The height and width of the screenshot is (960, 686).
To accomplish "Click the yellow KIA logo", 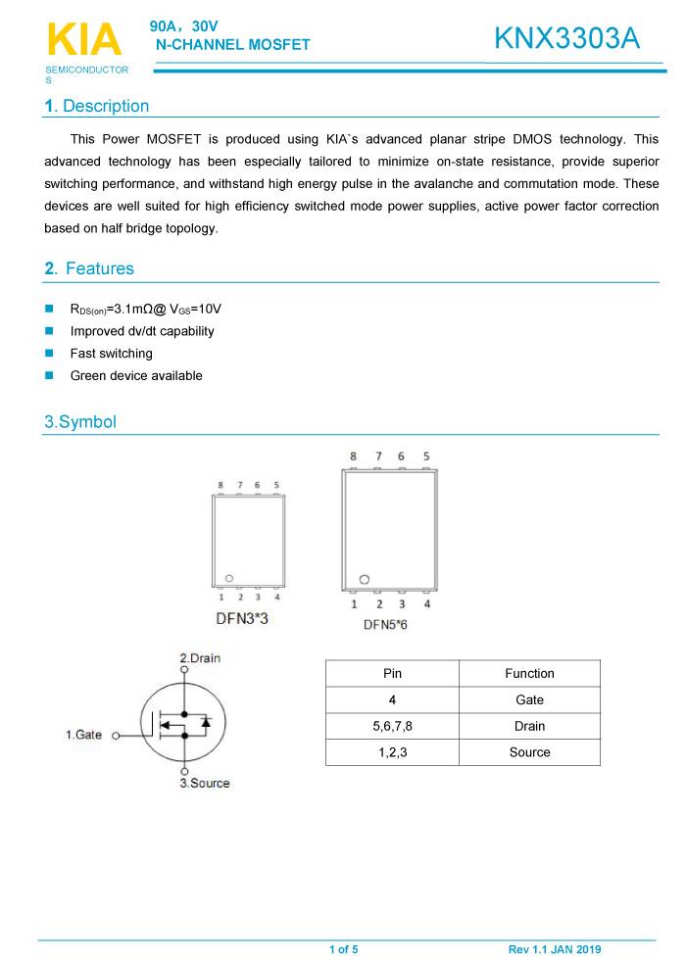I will tap(84, 40).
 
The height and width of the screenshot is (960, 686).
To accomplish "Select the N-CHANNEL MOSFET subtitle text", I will tap(233, 44).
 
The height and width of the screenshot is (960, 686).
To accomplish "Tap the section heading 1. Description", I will tap(97, 106).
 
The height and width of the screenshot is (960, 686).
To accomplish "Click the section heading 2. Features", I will tap(89, 268).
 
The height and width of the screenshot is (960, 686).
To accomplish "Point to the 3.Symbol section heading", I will tap(80, 422).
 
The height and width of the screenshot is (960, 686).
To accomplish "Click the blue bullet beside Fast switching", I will tap(50, 354).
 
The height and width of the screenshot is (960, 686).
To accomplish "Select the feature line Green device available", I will tap(136, 376).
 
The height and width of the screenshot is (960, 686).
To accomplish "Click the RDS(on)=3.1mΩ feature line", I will tap(146, 309).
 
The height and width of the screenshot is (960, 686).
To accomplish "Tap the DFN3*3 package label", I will tap(241, 619).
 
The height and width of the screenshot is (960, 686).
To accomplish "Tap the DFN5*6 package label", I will tap(385, 625).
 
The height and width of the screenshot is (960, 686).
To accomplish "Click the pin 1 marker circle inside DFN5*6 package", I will tap(364, 579).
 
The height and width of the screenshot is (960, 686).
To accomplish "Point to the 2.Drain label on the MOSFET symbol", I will tap(200, 657).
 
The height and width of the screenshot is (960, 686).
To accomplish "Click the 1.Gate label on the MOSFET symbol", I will tap(83, 735).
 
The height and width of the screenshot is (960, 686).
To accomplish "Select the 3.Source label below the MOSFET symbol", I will tap(204, 783).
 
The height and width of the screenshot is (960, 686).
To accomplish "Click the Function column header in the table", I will tap(529, 673).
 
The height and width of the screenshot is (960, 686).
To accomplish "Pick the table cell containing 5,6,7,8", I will tap(392, 726).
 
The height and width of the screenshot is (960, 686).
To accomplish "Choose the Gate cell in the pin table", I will tap(529, 699).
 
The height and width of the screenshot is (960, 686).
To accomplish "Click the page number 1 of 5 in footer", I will tap(343, 949).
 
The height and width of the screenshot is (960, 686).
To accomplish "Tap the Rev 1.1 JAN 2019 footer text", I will tap(555, 949).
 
